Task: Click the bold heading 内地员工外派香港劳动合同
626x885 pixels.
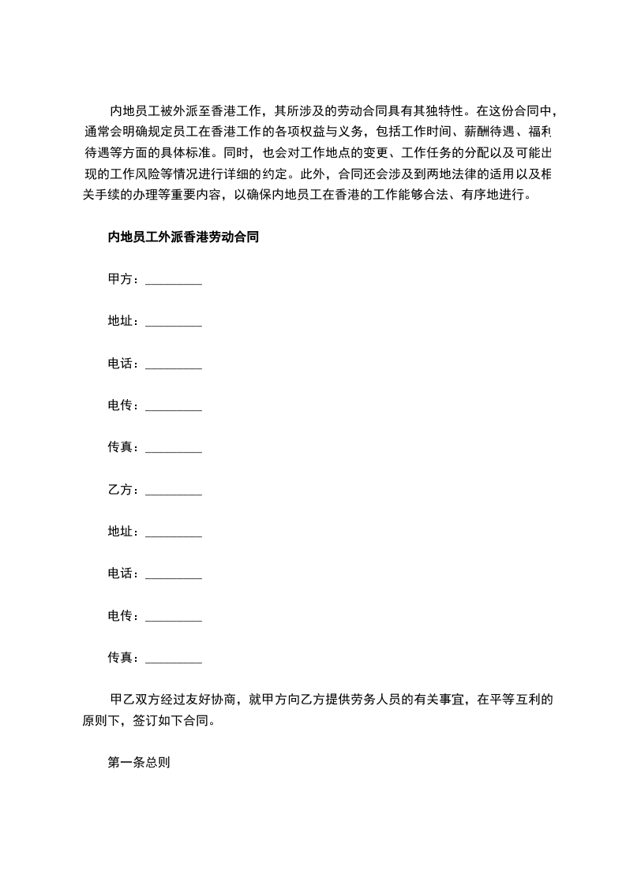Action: [x=183, y=237]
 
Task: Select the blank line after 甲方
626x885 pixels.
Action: [x=174, y=282]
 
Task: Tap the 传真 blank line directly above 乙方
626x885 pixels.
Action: [x=174, y=450]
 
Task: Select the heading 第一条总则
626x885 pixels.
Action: [x=139, y=763]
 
